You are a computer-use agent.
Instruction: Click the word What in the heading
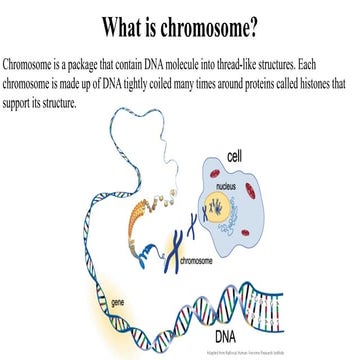click(x=120, y=23)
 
